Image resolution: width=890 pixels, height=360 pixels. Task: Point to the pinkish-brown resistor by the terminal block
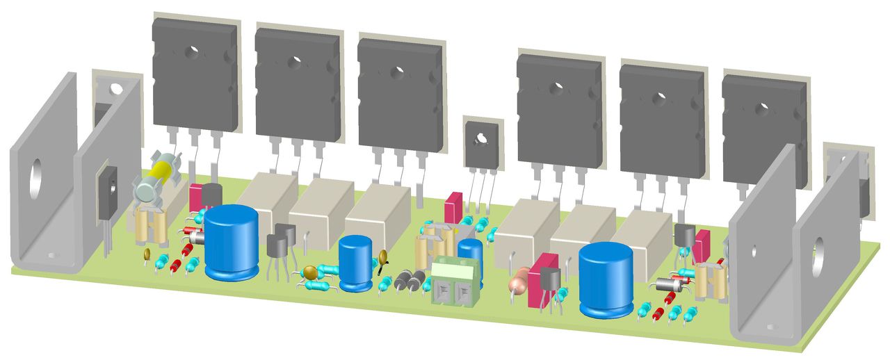pyautogui.click(x=518, y=283)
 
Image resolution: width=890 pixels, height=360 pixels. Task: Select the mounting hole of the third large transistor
pyautogui.click(x=398, y=71)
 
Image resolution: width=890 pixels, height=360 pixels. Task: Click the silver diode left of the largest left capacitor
pyautogui.click(x=197, y=238)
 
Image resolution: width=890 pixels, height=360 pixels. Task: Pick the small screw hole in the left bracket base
pyautogui.click(x=51, y=254)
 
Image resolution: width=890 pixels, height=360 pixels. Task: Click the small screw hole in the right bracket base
pyautogui.click(x=769, y=326)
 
